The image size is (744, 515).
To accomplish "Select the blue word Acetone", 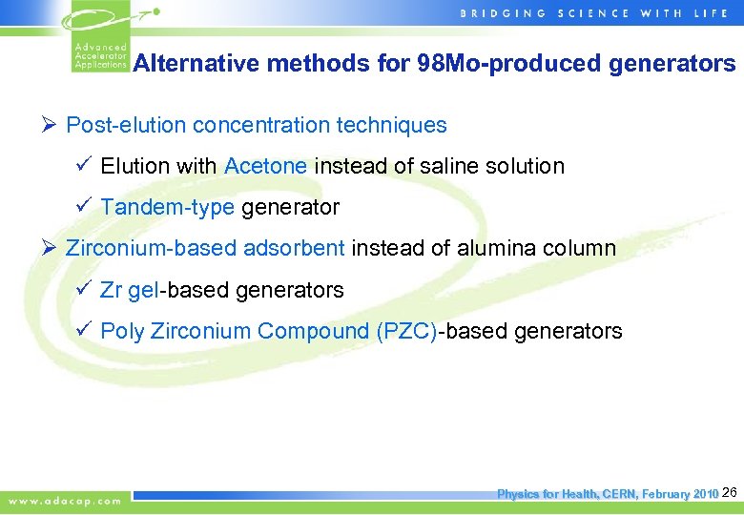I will pyautogui.click(x=265, y=166).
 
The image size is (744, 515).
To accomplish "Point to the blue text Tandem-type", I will pyautogui.click(x=167, y=207).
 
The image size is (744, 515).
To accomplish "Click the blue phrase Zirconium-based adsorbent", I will pyautogui.click(x=205, y=249).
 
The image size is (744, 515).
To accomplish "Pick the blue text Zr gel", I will pyautogui.click(x=128, y=290).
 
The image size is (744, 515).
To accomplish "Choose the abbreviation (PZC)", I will pyautogui.click(x=407, y=332).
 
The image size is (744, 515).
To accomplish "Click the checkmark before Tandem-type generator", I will pyautogui.click(x=83, y=207).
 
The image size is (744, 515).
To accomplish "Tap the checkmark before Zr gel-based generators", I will pyautogui.click(x=83, y=290).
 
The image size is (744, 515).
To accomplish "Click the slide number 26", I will pyautogui.click(x=731, y=492).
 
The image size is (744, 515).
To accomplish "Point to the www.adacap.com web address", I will pyautogui.click(x=66, y=501).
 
